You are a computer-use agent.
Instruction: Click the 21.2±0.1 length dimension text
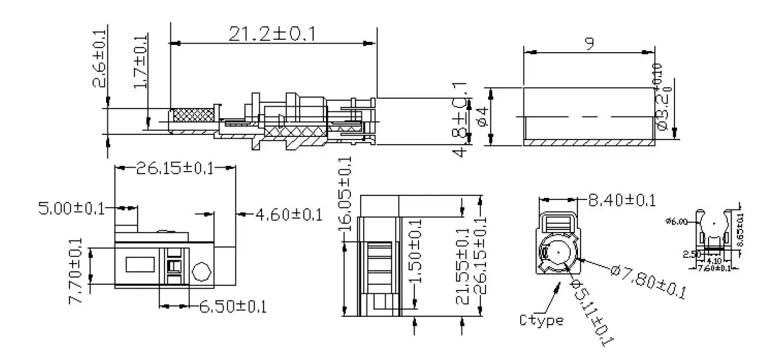pyautogui.click(x=272, y=34)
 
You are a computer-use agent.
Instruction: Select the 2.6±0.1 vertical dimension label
pyautogui.click(x=99, y=57)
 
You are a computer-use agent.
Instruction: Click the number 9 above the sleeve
pyautogui.click(x=589, y=43)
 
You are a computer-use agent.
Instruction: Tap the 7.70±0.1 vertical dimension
pyautogui.click(x=76, y=270)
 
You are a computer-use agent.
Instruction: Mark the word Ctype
pyautogui.click(x=542, y=320)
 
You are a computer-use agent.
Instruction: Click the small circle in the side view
pyautogui.click(x=202, y=271)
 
